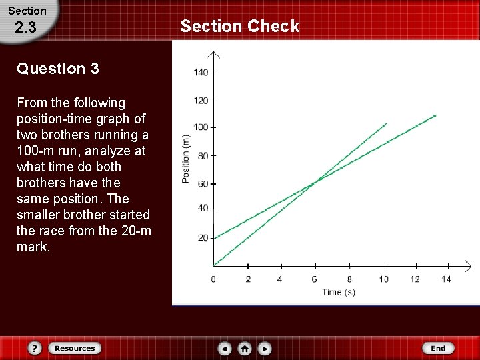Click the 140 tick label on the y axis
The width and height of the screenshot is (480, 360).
pyautogui.click(x=201, y=72)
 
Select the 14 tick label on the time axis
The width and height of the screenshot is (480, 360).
pyautogui.click(x=446, y=279)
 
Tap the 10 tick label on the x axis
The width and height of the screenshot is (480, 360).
pyautogui.click(x=384, y=279)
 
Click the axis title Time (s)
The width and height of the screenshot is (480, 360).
pyautogui.click(x=339, y=292)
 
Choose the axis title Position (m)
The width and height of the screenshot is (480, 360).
pyautogui.click(x=186, y=159)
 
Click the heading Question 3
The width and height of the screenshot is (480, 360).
pyautogui.click(x=58, y=69)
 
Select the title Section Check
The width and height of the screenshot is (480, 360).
pyautogui.click(x=240, y=26)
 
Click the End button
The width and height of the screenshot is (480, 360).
pyautogui.click(x=438, y=348)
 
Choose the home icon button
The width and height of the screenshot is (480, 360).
pyautogui.click(x=245, y=348)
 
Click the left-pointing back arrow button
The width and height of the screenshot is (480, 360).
pyautogui.click(x=225, y=348)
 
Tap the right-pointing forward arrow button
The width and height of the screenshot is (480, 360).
pyautogui.click(x=265, y=348)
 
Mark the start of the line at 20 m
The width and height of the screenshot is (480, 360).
pyautogui.click(x=214, y=237)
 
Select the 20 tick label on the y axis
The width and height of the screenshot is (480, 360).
pyautogui.click(x=203, y=238)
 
